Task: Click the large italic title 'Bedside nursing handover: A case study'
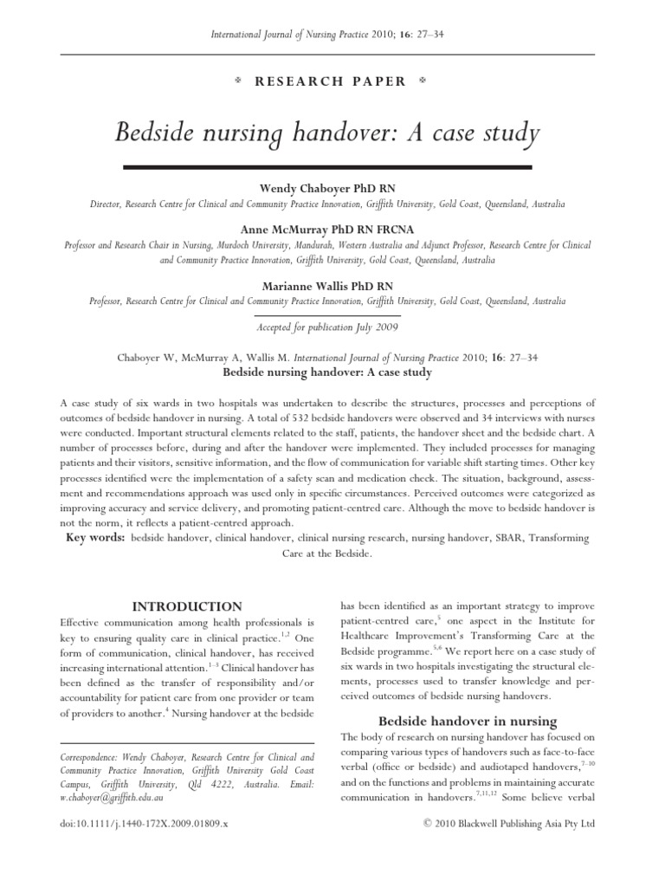click(327, 134)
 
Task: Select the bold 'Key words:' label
click(96, 538)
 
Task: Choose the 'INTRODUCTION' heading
click(186, 606)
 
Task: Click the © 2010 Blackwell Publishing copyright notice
click(508, 823)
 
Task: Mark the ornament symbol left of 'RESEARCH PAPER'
click(237, 81)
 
